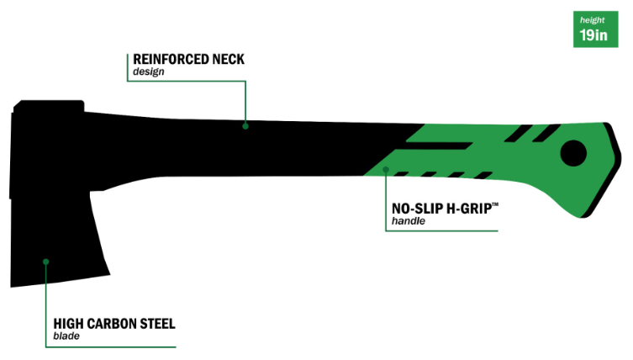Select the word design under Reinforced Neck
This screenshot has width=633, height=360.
(x=148, y=72)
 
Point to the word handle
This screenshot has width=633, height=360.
(x=409, y=222)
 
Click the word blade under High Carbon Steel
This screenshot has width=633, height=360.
(x=66, y=336)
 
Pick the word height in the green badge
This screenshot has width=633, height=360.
(x=593, y=18)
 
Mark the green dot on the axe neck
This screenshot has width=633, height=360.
(x=245, y=126)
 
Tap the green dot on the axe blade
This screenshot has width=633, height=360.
(x=46, y=261)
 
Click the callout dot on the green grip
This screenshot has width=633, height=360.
(x=386, y=169)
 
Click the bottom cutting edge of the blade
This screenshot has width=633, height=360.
(x=59, y=283)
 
